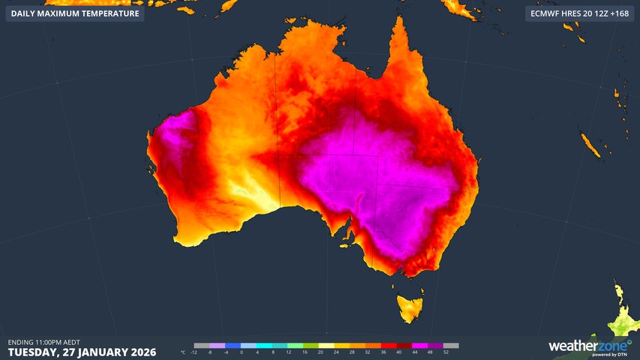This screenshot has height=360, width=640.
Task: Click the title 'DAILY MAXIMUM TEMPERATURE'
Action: (x=75, y=13)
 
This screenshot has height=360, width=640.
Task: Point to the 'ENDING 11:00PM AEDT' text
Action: (x=44, y=342)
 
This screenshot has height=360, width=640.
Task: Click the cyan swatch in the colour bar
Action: (x=265, y=346)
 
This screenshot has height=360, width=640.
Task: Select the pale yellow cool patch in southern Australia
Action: (x=251, y=191)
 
